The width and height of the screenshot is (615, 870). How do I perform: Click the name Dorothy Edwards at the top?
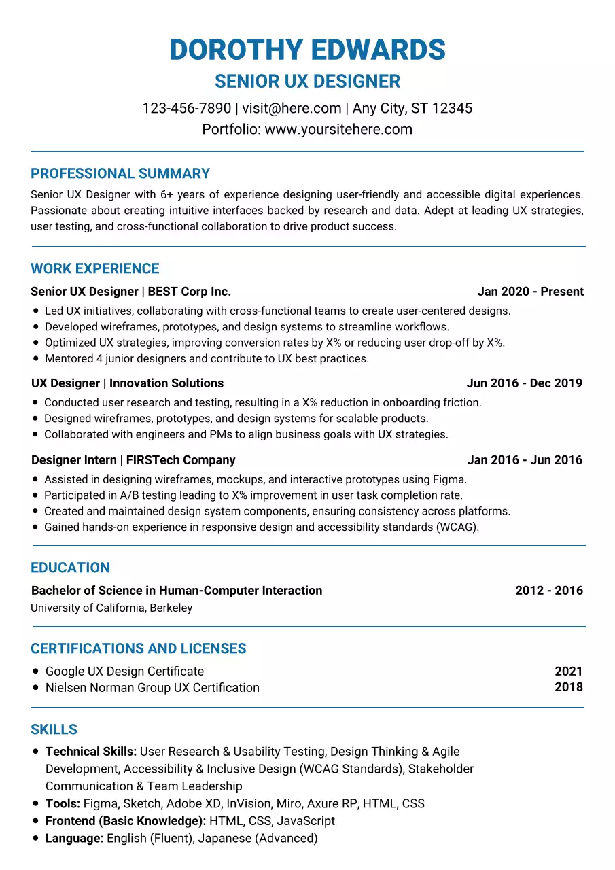pos(307,50)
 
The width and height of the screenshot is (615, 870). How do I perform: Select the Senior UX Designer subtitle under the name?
pos(307,82)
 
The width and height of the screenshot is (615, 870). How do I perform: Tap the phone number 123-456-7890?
pos(186,108)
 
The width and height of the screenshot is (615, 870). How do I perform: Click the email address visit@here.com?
pos(292,108)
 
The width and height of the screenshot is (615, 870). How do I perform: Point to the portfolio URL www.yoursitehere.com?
pos(338,129)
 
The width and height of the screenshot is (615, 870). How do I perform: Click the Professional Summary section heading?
pos(120,173)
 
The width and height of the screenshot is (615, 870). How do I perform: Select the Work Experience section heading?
pos(95,268)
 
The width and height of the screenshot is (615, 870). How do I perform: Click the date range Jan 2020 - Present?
pos(530,292)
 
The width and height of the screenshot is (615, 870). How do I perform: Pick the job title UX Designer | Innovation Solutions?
pos(127,383)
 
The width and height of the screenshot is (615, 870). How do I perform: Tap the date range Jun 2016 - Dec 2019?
pos(524,383)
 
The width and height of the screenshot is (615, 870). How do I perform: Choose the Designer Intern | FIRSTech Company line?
pos(133,460)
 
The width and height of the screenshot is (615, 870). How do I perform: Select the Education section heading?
pos(70,568)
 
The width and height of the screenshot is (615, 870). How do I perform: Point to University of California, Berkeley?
pos(111,608)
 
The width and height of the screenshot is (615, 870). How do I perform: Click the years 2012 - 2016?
pos(548,591)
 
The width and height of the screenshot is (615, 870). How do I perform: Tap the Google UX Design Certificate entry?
pos(124,672)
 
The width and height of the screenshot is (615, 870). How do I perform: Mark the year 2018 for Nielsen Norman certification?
pos(568,686)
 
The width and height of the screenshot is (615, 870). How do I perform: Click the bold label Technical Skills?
pos(91,752)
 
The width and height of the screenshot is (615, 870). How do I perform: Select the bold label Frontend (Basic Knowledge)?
pos(126,821)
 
